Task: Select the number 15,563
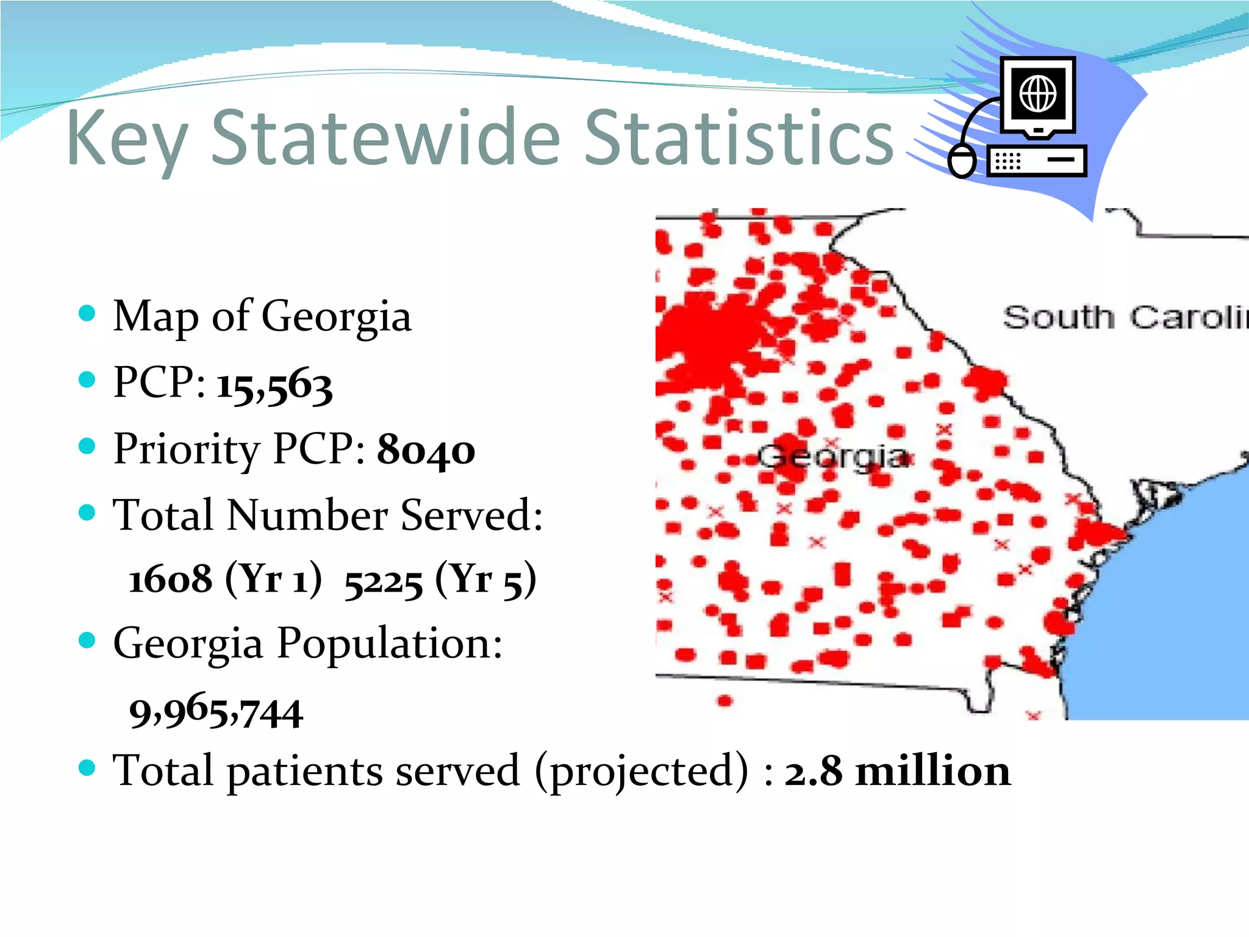[274, 386]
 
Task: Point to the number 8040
[426, 451]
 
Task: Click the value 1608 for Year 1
[170, 579]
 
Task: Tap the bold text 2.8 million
[897, 771]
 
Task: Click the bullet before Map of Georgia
[87, 314]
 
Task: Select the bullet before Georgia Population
[87, 641]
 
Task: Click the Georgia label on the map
[832, 457]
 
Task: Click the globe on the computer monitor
[1038, 93]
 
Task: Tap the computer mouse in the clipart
[962, 161]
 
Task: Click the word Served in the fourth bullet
[471, 515]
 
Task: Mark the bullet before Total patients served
[87, 768]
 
